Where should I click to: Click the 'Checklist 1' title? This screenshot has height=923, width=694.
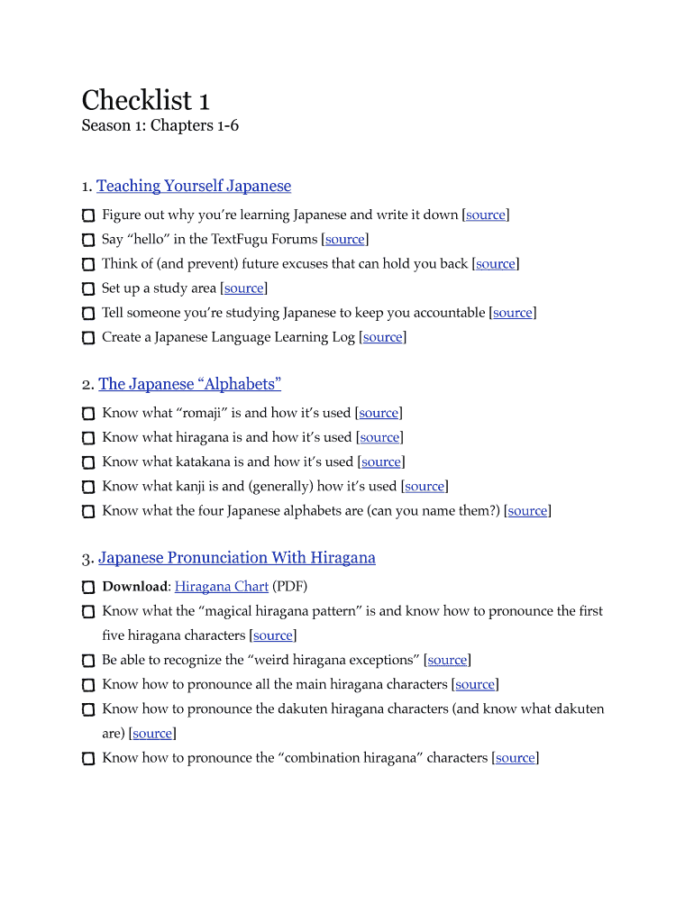[145, 99]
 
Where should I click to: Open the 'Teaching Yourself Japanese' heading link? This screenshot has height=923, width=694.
[194, 186]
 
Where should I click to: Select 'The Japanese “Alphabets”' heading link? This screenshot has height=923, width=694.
[189, 384]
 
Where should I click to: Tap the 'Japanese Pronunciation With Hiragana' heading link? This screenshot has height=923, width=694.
[237, 558]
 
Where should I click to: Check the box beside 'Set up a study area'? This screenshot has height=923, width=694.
[87, 289]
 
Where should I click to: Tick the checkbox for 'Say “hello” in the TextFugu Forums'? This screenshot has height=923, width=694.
[87, 241]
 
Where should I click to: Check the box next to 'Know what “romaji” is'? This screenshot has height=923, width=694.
[87, 414]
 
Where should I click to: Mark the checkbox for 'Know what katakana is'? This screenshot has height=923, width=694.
[87, 462]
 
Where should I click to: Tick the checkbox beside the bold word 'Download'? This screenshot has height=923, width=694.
[87, 588]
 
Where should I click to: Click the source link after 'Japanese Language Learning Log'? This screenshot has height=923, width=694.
[383, 337]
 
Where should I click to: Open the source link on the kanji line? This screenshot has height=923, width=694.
[425, 487]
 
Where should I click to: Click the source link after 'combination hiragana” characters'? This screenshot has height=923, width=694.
[516, 758]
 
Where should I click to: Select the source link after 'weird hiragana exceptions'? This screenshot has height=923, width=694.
[447, 661]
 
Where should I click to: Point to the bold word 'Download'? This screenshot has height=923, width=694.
[134, 587]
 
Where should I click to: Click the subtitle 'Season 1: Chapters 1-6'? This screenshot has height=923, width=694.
[160, 125]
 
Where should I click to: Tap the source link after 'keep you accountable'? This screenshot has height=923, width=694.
[513, 313]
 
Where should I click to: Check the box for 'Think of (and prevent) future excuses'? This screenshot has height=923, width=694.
[87, 265]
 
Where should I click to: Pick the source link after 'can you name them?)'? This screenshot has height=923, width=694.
[528, 511]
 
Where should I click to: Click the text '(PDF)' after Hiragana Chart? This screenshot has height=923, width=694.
[290, 587]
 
